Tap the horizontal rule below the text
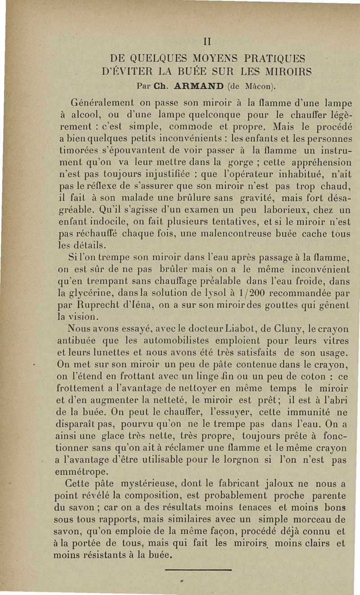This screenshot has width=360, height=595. (198, 570)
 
